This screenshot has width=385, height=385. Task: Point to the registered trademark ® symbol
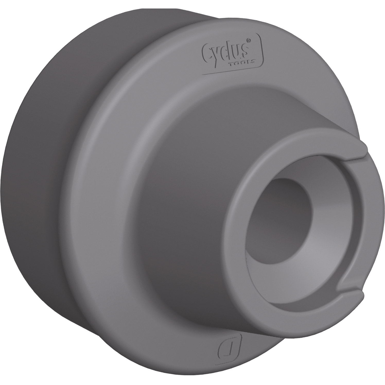[249, 41]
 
